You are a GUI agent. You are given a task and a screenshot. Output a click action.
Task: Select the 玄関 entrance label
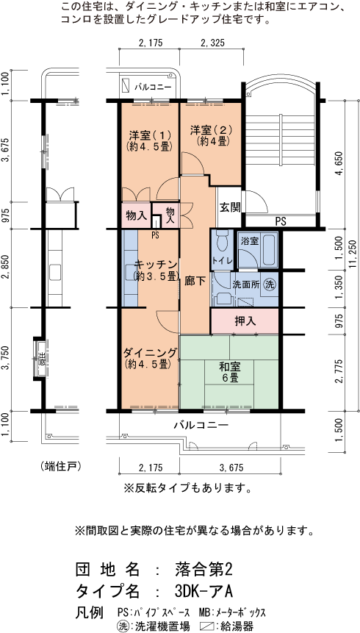(229, 207)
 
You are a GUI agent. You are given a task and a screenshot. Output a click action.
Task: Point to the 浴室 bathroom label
(250, 240)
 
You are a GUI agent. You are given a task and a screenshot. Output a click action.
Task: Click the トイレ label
(223, 260)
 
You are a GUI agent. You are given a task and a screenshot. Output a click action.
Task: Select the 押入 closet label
(245, 321)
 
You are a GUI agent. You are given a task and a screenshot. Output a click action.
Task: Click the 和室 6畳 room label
(229, 371)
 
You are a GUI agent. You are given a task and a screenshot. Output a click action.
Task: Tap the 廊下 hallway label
(195, 280)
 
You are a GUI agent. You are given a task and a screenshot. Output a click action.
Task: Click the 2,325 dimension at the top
(212, 44)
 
